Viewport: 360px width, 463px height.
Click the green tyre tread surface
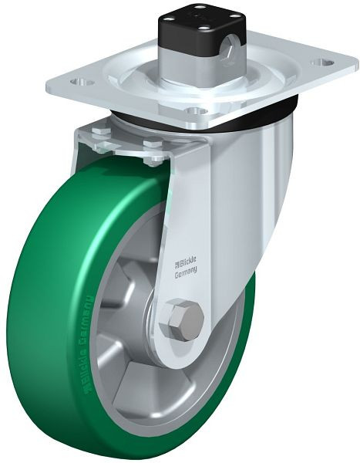click(x=46, y=309)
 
